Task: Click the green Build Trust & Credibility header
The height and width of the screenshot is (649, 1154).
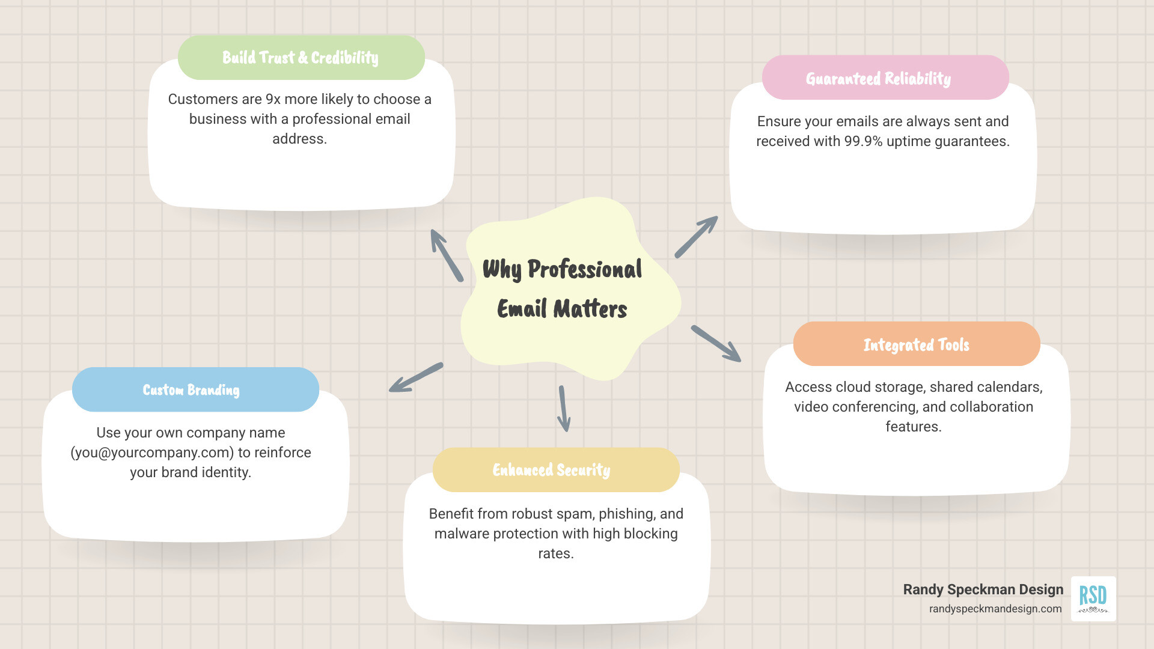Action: coord(301,58)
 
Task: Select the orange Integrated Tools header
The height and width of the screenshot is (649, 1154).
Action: coord(916,344)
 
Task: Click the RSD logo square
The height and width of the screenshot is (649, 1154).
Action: coord(1093,599)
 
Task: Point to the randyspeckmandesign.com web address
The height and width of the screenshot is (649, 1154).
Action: coord(995,609)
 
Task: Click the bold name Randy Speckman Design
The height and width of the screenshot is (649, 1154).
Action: coord(983,590)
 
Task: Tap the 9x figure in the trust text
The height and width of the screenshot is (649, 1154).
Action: coord(273,99)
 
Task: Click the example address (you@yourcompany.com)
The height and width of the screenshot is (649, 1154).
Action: coord(152,452)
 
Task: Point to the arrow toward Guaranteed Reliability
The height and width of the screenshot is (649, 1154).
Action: coord(696,237)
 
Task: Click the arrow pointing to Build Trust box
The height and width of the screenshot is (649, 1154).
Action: coord(446,255)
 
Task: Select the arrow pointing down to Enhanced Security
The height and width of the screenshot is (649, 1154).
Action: coord(563,409)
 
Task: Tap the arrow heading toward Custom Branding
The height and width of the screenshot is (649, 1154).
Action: coord(415,377)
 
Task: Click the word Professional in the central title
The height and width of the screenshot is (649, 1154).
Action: coord(584,269)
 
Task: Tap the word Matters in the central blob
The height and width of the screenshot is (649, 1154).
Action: coord(590,309)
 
